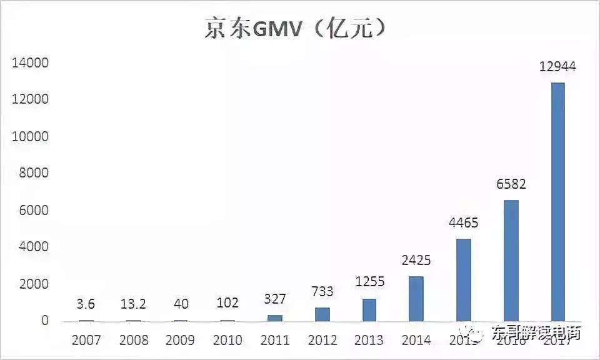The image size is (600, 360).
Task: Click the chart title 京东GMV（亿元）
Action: click(299, 29)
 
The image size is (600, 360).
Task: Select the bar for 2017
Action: click(557, 202)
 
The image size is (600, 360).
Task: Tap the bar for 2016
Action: click(511, 261)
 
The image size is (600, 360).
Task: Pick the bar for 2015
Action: click(463, 280)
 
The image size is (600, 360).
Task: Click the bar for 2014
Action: click(416, 299)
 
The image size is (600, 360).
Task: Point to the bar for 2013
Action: click(369, 310)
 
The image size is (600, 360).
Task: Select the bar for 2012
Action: click(322, 314)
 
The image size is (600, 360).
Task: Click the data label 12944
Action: click(557, 67)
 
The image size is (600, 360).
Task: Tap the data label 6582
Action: click(511, 184)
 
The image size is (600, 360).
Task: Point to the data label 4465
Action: click(463, 223)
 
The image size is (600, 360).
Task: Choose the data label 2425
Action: click(416, 260)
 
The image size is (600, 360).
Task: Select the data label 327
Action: click(275, 299)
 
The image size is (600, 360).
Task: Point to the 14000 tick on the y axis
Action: click(28, 63)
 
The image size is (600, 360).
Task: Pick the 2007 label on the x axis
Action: click(86, 341)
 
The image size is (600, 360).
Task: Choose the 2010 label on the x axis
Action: click(227, 341)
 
